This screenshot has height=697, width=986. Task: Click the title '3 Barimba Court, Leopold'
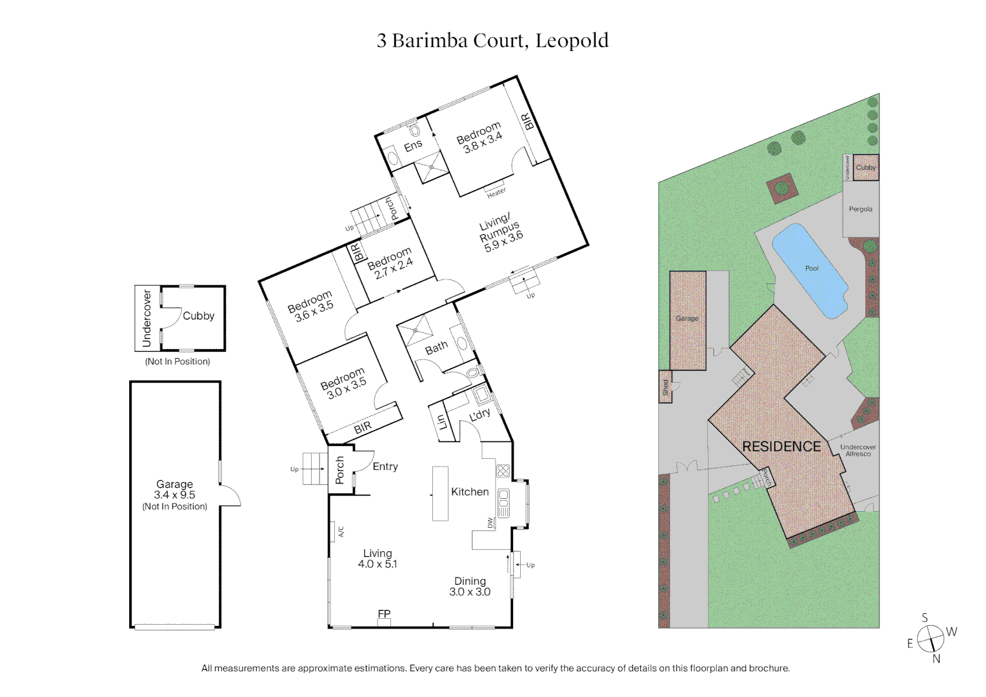(x=492, y=41)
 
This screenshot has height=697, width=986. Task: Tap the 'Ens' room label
(x=413, y=146)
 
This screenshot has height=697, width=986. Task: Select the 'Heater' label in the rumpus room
(x=496, y=192)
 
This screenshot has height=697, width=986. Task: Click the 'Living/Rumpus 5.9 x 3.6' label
(x=500, y=232)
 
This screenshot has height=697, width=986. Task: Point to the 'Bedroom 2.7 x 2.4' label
(x=390, y=263)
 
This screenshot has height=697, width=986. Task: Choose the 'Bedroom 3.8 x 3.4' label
(x=479, y=137)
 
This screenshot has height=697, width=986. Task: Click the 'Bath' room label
(x=436, y=348)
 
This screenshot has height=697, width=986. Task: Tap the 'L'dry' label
(x=479, y=415)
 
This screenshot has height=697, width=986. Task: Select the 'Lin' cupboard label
(x=442, y=422)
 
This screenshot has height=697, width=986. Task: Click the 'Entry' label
(x=385, y=467)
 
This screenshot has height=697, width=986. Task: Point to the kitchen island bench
(x=440, y=494)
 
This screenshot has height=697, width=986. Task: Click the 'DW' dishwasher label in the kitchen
(x=490, y=523)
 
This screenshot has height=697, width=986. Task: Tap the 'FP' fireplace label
(x=384, y=614)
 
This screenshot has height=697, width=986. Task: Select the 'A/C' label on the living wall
(x=341, y=532)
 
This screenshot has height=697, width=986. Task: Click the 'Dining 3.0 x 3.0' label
(x=470, y=587)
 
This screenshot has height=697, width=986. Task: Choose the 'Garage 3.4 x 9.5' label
(x=174, y=495)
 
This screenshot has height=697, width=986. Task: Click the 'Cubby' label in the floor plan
(x=198, y=316)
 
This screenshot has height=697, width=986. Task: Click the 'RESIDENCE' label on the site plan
(x=781, y=447)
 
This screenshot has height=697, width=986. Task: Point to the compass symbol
(x=930, y=639)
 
